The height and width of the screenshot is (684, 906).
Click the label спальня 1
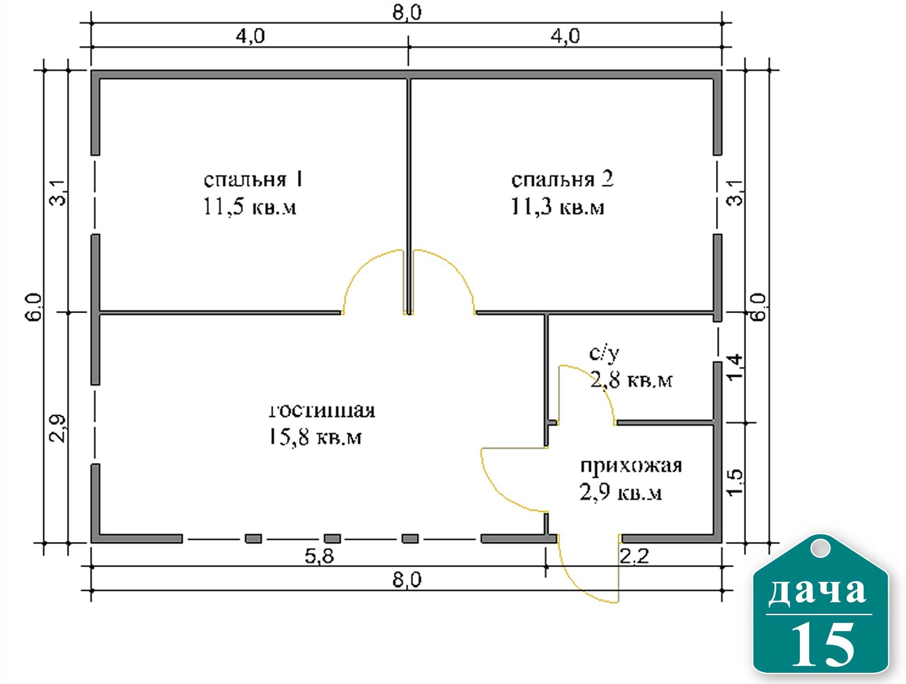pyautogui.click(x=253, y=179)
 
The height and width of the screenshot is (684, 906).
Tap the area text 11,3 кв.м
pyautogui.click(x=557, y=207)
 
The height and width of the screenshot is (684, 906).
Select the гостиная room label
pyautogui.click(x=322, y=410)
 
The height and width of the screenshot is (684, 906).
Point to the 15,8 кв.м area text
pyautogui.click(x=315, y=437)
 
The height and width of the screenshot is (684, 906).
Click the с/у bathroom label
pyautogui.click(x=604, y=353)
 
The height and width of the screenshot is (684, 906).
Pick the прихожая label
pyautogui.click(x=631, y=466)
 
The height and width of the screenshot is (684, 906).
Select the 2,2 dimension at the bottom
pyautogui.click(x=634, y=556)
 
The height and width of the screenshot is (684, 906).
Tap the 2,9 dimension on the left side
pyautogui.click(x=57, y=429)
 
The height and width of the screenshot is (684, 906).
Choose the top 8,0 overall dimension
pyautogui.click(x=407, y=12)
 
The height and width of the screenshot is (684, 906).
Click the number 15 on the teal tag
pyautogui.click(x=822, y=644)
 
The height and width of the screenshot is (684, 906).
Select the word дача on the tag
pyautogui.click(x=818, y=591)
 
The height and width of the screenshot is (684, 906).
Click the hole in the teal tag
pyautogui.click(x=820, y=548)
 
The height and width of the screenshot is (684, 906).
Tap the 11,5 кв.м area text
pyautogui.click(x=250, y=207)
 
